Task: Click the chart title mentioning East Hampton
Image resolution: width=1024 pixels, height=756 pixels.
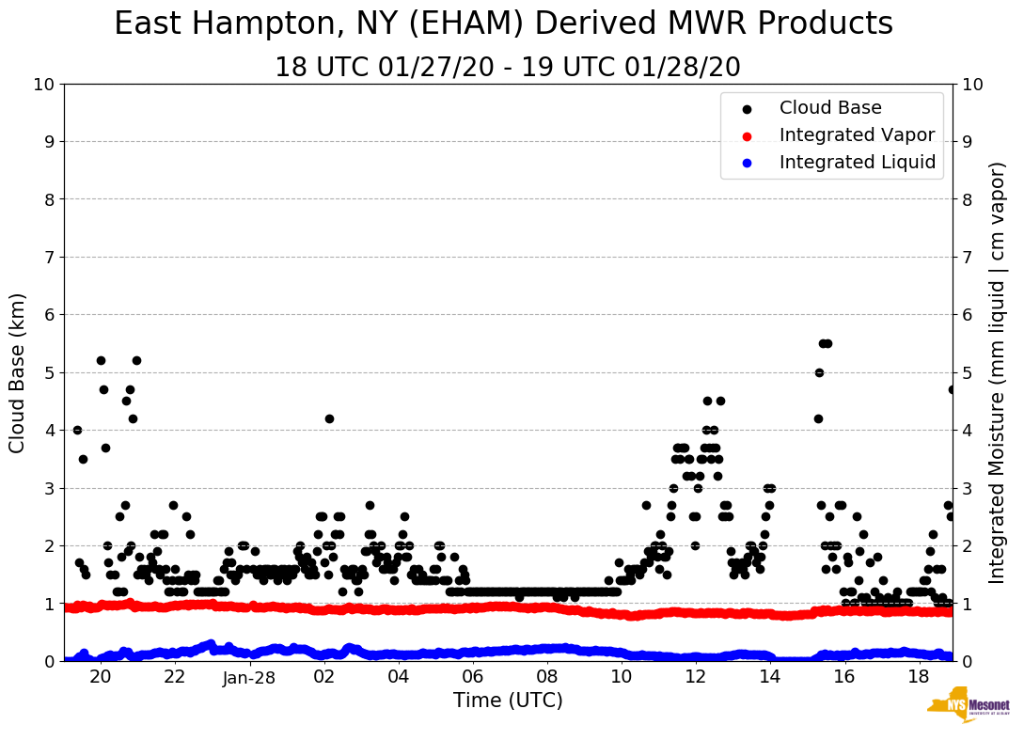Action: [x=503, y=24]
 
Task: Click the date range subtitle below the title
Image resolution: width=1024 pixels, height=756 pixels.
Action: [x=508, y=68]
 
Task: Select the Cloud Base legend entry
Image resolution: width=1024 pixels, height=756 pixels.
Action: [x=830, y=108]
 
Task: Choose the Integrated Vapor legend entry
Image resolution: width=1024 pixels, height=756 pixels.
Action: [x=857, y=135]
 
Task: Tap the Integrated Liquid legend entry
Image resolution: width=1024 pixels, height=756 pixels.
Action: [x=858, y=163]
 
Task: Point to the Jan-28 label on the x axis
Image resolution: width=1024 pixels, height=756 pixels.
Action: [x=249, y=678]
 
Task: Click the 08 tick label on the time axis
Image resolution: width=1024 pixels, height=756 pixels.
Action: [x=546, y=678]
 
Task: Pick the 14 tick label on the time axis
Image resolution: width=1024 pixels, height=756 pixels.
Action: [x=769, y=678]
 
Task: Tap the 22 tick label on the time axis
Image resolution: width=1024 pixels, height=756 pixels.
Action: [x=175, y=678]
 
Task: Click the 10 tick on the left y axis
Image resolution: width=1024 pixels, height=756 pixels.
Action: [x=43, y=85]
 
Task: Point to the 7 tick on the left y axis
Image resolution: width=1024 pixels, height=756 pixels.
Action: [x=49, y=258]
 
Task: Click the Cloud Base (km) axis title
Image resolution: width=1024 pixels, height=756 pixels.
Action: [x=18, y=372]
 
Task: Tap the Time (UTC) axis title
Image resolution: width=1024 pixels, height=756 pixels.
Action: [x=508, y=701]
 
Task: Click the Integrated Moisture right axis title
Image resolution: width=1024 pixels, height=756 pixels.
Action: [x=998, y=372]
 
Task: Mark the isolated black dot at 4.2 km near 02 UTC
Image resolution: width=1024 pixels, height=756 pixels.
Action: [x=329, y=418]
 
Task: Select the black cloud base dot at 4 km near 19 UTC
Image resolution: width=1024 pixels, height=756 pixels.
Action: [x=77, y=430]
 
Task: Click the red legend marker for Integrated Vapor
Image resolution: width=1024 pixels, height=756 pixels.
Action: [x=745, y=135]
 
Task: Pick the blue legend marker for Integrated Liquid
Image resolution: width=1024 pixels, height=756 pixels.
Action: [x=745, y=163]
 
